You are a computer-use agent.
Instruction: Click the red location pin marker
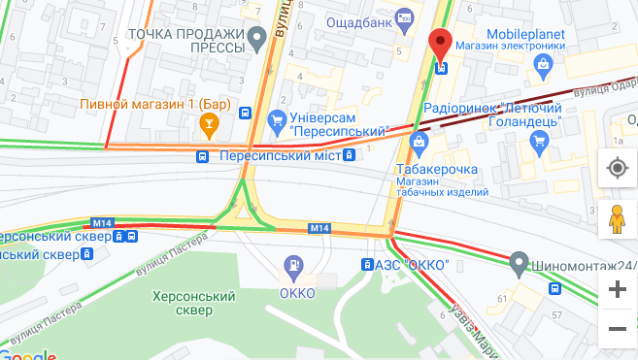tap(442, 45)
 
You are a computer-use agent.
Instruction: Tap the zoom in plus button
tap(616, 289)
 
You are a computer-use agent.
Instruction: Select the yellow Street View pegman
tap(616, 220)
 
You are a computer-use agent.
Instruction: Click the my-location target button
tap(616, 168)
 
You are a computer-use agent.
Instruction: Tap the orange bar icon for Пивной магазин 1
tap(207, 123)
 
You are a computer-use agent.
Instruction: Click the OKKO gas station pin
tap(292, 265)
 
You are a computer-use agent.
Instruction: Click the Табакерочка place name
tap(437, 170)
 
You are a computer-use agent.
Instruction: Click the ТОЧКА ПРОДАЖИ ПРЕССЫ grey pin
tap(257, 40)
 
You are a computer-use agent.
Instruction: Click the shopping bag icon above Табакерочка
tap(420, 145)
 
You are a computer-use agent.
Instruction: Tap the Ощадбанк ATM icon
tap(406, 18)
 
